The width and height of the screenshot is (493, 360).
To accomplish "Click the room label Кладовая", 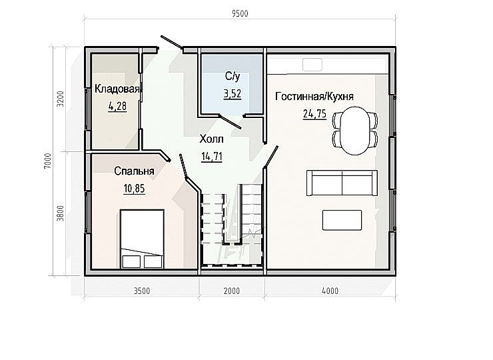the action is [x=117, y=89].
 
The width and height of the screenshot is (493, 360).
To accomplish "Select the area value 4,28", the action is [x=117, y=107].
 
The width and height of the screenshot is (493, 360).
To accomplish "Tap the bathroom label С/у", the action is [x=233, y=77].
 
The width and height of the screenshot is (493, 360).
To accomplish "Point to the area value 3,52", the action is [x=233, y=94].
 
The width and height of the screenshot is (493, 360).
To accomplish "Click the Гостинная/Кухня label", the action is [x=314, y=96].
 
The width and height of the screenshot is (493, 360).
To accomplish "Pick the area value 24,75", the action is [x=314, y=113].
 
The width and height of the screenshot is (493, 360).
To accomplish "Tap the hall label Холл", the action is [x=211, y=139].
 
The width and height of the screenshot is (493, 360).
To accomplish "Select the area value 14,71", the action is [x=212, y=157].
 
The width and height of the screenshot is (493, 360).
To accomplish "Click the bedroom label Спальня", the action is [x=135, y=171].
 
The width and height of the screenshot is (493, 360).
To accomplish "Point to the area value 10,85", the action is [x=135, y=189].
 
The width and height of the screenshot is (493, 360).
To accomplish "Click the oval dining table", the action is [x=355, y=131].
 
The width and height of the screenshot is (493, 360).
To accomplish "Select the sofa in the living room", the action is [x=342, y=183].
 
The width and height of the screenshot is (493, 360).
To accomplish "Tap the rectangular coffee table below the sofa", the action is [x=342, y=220].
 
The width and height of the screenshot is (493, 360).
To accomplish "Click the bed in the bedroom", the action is [x=142, y=239].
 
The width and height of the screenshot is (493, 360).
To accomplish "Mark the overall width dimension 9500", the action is [x=240, y=13].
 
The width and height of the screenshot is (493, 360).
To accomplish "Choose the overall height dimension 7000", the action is [x=47, y=161].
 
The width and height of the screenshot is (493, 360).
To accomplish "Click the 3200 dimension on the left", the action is [x=60, y=99].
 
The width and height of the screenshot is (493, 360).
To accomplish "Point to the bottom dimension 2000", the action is [x=232, y=291].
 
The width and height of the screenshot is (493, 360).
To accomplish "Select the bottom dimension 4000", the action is [x=330, y=291].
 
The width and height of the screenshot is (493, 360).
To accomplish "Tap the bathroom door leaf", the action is [x=230, y=122].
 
